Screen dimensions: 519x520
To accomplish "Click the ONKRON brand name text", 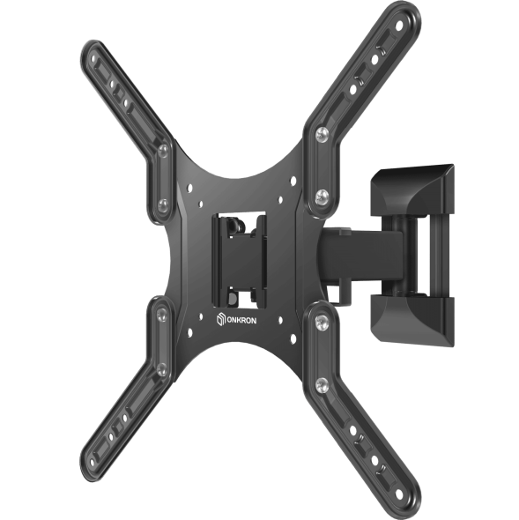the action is coord(241,321).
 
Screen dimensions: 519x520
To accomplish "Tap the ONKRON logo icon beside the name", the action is coord(221,320).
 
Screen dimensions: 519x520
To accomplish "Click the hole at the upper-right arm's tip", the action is coord(399,26).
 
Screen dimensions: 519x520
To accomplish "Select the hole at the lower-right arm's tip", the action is coord(399,494).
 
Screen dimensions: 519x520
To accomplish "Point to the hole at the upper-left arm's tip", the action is coord(93,59).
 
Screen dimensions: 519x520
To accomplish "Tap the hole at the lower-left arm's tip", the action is coord(93,461).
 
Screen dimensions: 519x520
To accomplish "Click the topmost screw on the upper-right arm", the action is coord(322,133).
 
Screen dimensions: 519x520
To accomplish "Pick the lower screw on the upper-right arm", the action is coord(322,197).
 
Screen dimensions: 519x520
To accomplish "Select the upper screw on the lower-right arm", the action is coord(322,322).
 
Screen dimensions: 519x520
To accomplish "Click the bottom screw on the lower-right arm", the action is coord(322,385).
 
